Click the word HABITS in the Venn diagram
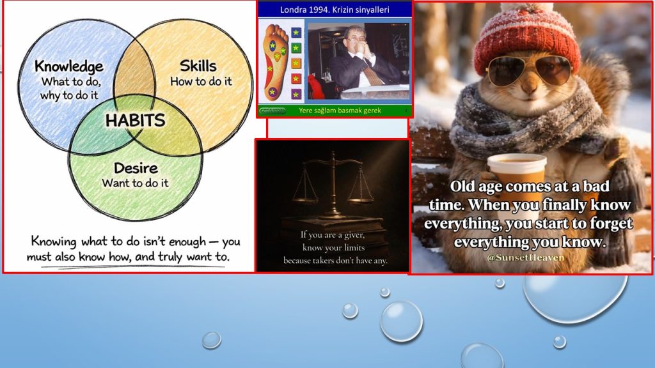[136, 121]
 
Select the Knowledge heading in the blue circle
[69, 66]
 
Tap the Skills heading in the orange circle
[198, 66]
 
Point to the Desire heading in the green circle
[136, 168]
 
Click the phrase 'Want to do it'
[136, 183]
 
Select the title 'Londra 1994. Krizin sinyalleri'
[335, 10]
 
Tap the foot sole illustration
[276, 62]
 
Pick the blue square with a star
[296, 33]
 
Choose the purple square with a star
[296, 95]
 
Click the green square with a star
[296, 48]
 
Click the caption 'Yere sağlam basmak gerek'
[340, 111]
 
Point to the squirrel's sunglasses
[529, 70]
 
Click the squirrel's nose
[530, 87]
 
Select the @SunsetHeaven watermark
[526, 257]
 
